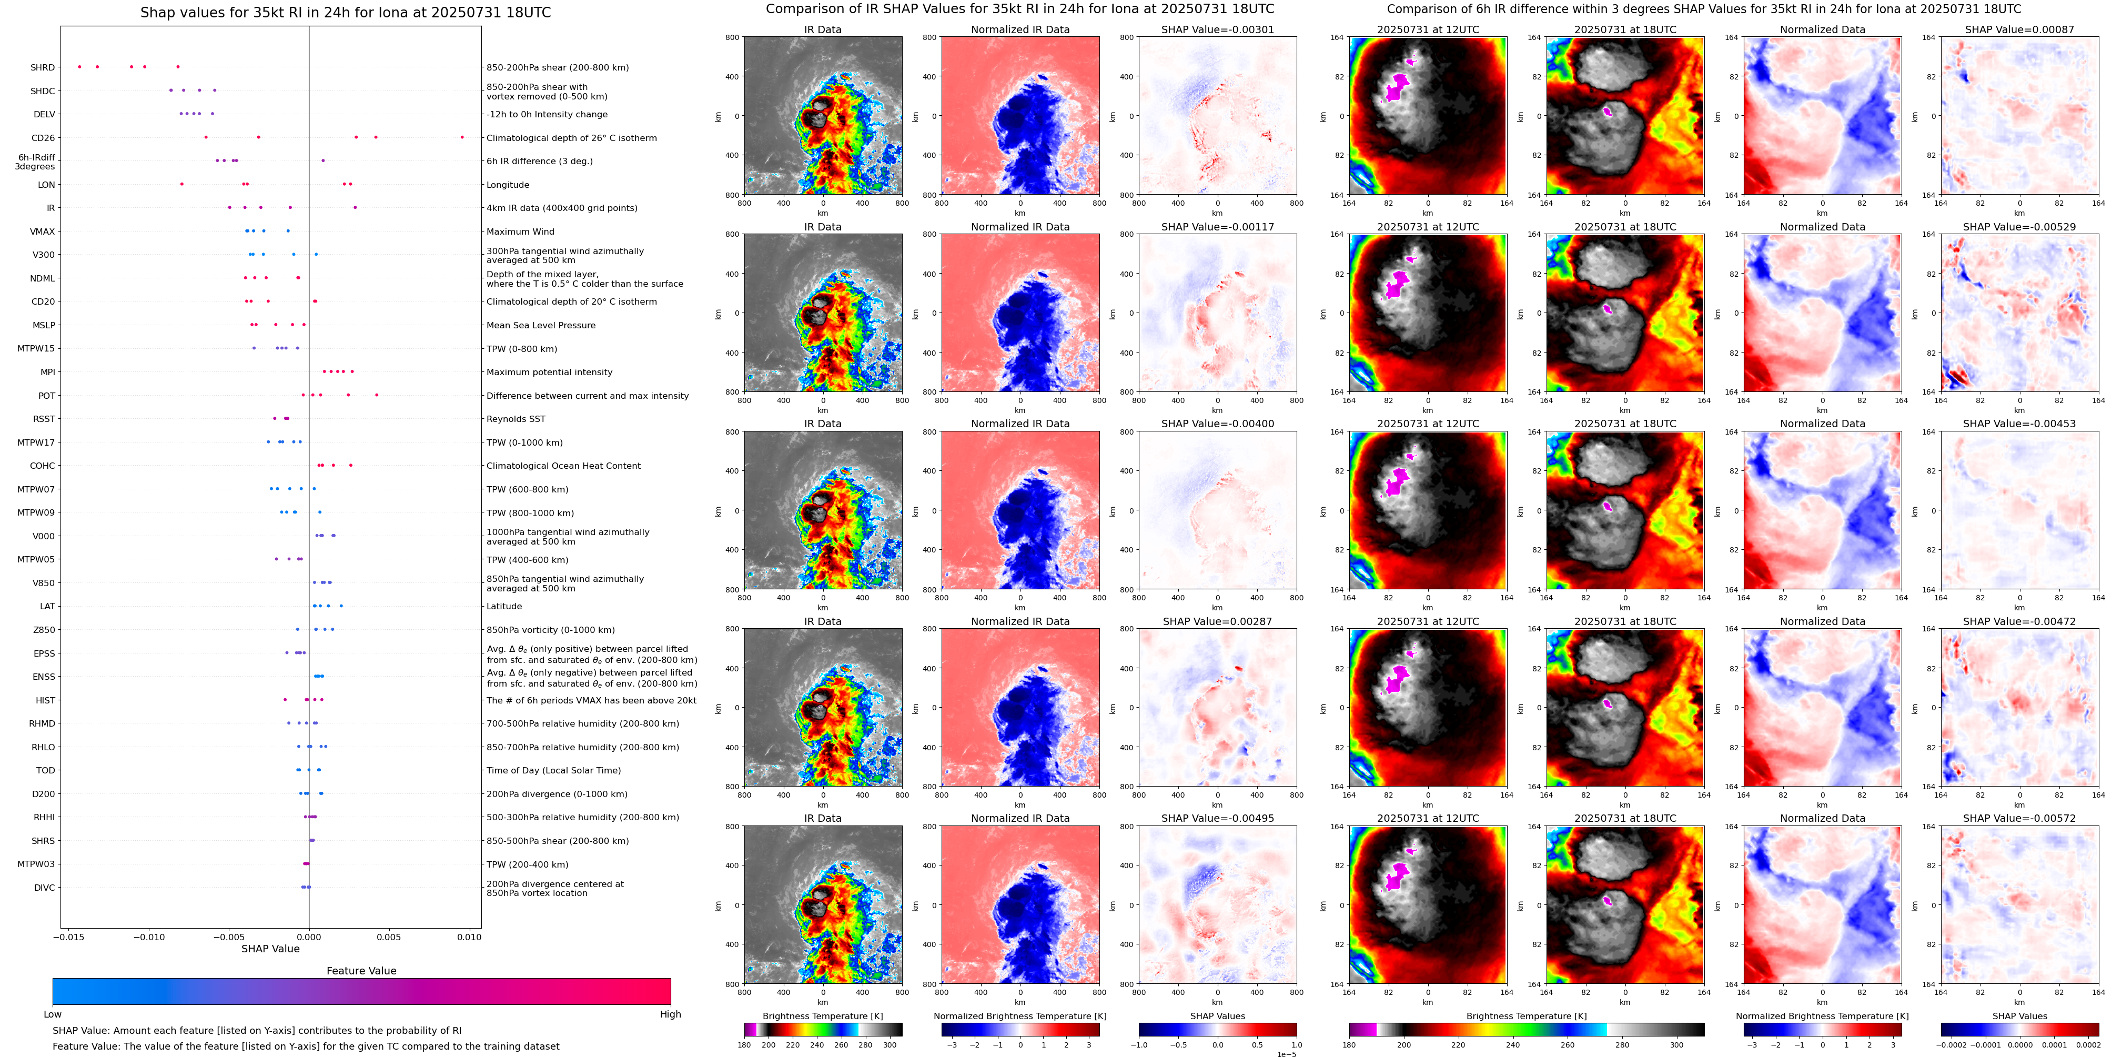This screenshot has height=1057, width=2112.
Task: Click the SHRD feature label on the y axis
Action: click(x=43, y=68)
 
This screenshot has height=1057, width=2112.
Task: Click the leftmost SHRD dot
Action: click(x=79, y=66)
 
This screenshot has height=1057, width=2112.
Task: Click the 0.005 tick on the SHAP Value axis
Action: click(x=389, y=937)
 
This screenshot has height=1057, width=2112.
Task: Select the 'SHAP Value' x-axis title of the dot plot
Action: click(x=270, y=949)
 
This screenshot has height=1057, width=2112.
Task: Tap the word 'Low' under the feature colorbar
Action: click(x=53, y=1014)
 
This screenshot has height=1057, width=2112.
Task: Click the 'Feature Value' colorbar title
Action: click(x=361, y=971)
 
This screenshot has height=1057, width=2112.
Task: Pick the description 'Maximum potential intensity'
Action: click(x=549, y=373)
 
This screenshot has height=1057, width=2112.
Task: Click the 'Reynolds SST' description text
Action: click(x=516, y=419)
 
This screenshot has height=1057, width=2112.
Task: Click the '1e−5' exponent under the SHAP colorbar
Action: click(x=1287, y=1054)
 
